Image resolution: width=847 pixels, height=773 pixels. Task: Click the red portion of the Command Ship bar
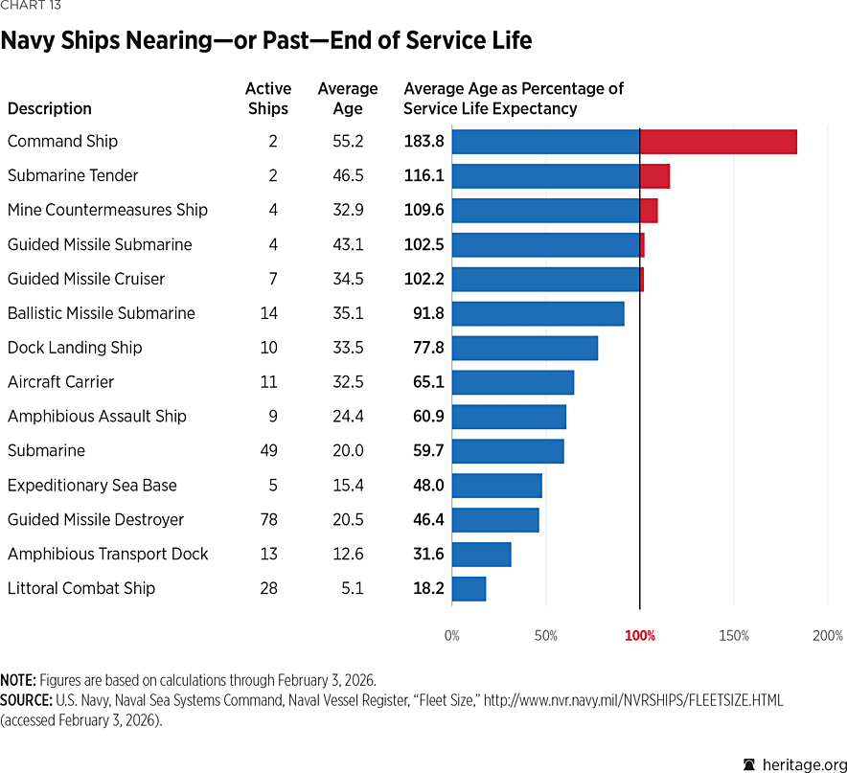coord(718,142)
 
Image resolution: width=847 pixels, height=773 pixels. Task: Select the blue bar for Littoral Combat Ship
coord(469,588)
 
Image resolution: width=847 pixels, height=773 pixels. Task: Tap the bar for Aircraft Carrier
coord(513,382)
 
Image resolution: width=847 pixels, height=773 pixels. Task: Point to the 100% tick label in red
coord(640,636)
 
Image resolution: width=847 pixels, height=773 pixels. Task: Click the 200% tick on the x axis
coord(828,636)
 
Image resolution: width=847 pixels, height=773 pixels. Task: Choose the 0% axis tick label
coord(451,636)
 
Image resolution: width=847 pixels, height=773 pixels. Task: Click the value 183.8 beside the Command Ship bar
coord(423,142)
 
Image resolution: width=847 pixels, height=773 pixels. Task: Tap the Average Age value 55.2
coord(348,142)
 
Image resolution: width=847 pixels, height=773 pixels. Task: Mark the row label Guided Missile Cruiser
coord(86,279)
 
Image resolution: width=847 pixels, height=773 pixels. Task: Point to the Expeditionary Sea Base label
coord(92,485)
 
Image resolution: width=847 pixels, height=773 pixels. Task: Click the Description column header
coord(50,108)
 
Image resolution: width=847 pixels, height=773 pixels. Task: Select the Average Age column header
coord(348,98)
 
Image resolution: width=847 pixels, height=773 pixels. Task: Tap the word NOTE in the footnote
coord(16,680)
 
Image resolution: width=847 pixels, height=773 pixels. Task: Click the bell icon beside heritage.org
coord(749,762)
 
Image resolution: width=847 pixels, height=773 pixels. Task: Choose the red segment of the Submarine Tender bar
coord(654,176)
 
